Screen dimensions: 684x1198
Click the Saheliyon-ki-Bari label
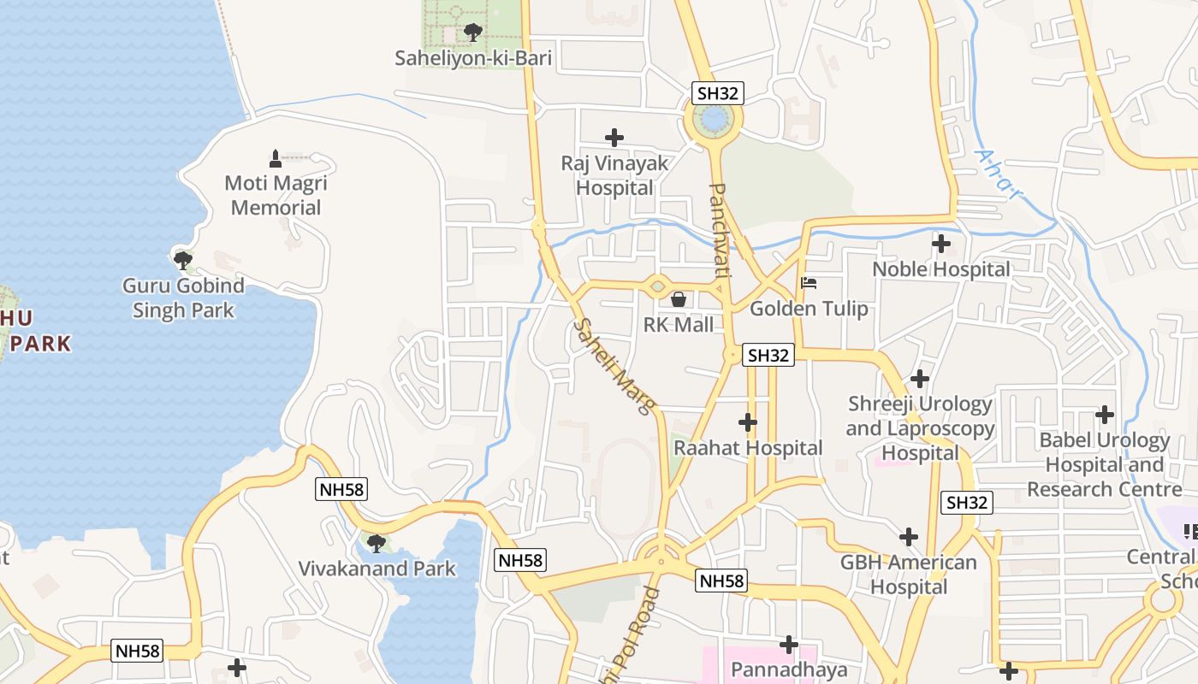(x=472, y=58)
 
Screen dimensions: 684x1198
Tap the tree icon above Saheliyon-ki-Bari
(x=472, y=32)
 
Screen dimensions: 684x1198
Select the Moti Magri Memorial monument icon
(x=276, y=158)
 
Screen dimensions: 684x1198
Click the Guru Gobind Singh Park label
(x=183, y=298)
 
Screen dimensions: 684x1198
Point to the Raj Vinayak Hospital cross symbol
(x=614, y=137)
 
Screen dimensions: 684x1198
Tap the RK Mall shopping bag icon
(x=679, y=299)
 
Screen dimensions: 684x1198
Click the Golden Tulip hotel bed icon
(x=809, y=282)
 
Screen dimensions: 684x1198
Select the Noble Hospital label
(x=940, y=269)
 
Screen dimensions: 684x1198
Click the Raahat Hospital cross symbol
(x=748, y=422)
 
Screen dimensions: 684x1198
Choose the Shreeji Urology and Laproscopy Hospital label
(x=920, y=427)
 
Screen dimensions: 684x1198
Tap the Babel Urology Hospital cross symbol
(x=1105, y=415)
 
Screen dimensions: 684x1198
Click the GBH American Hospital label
(x=908, y=575)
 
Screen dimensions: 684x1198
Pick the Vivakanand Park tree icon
(x=375, y=543)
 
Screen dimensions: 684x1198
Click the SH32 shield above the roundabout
(x=716, y=92)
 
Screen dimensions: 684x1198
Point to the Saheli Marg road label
(x=611, y=366)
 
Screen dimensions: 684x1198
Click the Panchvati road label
(x=721, y=229)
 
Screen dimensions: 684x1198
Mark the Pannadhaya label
(x=787, y=669)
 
